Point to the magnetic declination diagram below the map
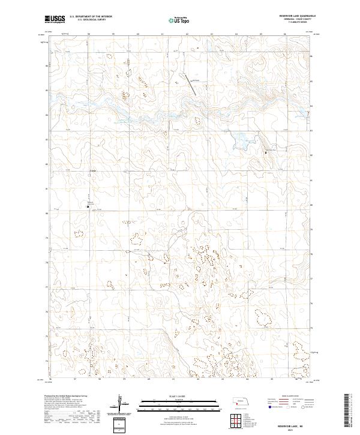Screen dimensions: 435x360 pyautogui.click(x=120, y=403)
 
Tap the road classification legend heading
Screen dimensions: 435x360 pyautogui.click(x=291, y=397)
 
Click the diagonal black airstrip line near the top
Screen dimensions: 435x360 pyautogui.click(x=192, y=86)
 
